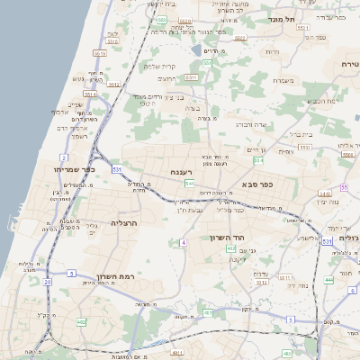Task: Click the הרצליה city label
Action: coord(124,220)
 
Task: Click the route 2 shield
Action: coord(64,157)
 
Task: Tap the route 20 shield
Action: coord(47,282)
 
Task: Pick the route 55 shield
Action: coord(344,187)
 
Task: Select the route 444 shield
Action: coord(328,280)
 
